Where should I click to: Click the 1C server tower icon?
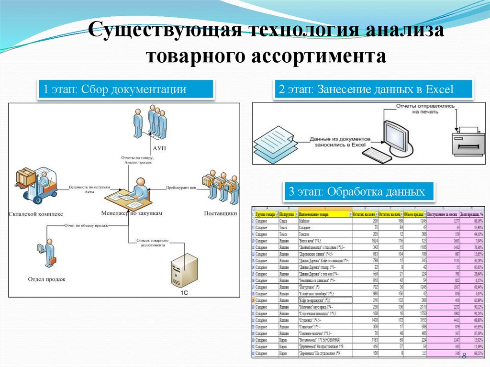184,270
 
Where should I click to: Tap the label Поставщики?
220,213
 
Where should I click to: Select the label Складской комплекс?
36,214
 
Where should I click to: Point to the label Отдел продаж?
47,278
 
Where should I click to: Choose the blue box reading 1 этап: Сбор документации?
125,89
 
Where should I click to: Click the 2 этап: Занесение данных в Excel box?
373,89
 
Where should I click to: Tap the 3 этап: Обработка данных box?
360,192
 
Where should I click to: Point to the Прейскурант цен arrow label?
182,188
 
